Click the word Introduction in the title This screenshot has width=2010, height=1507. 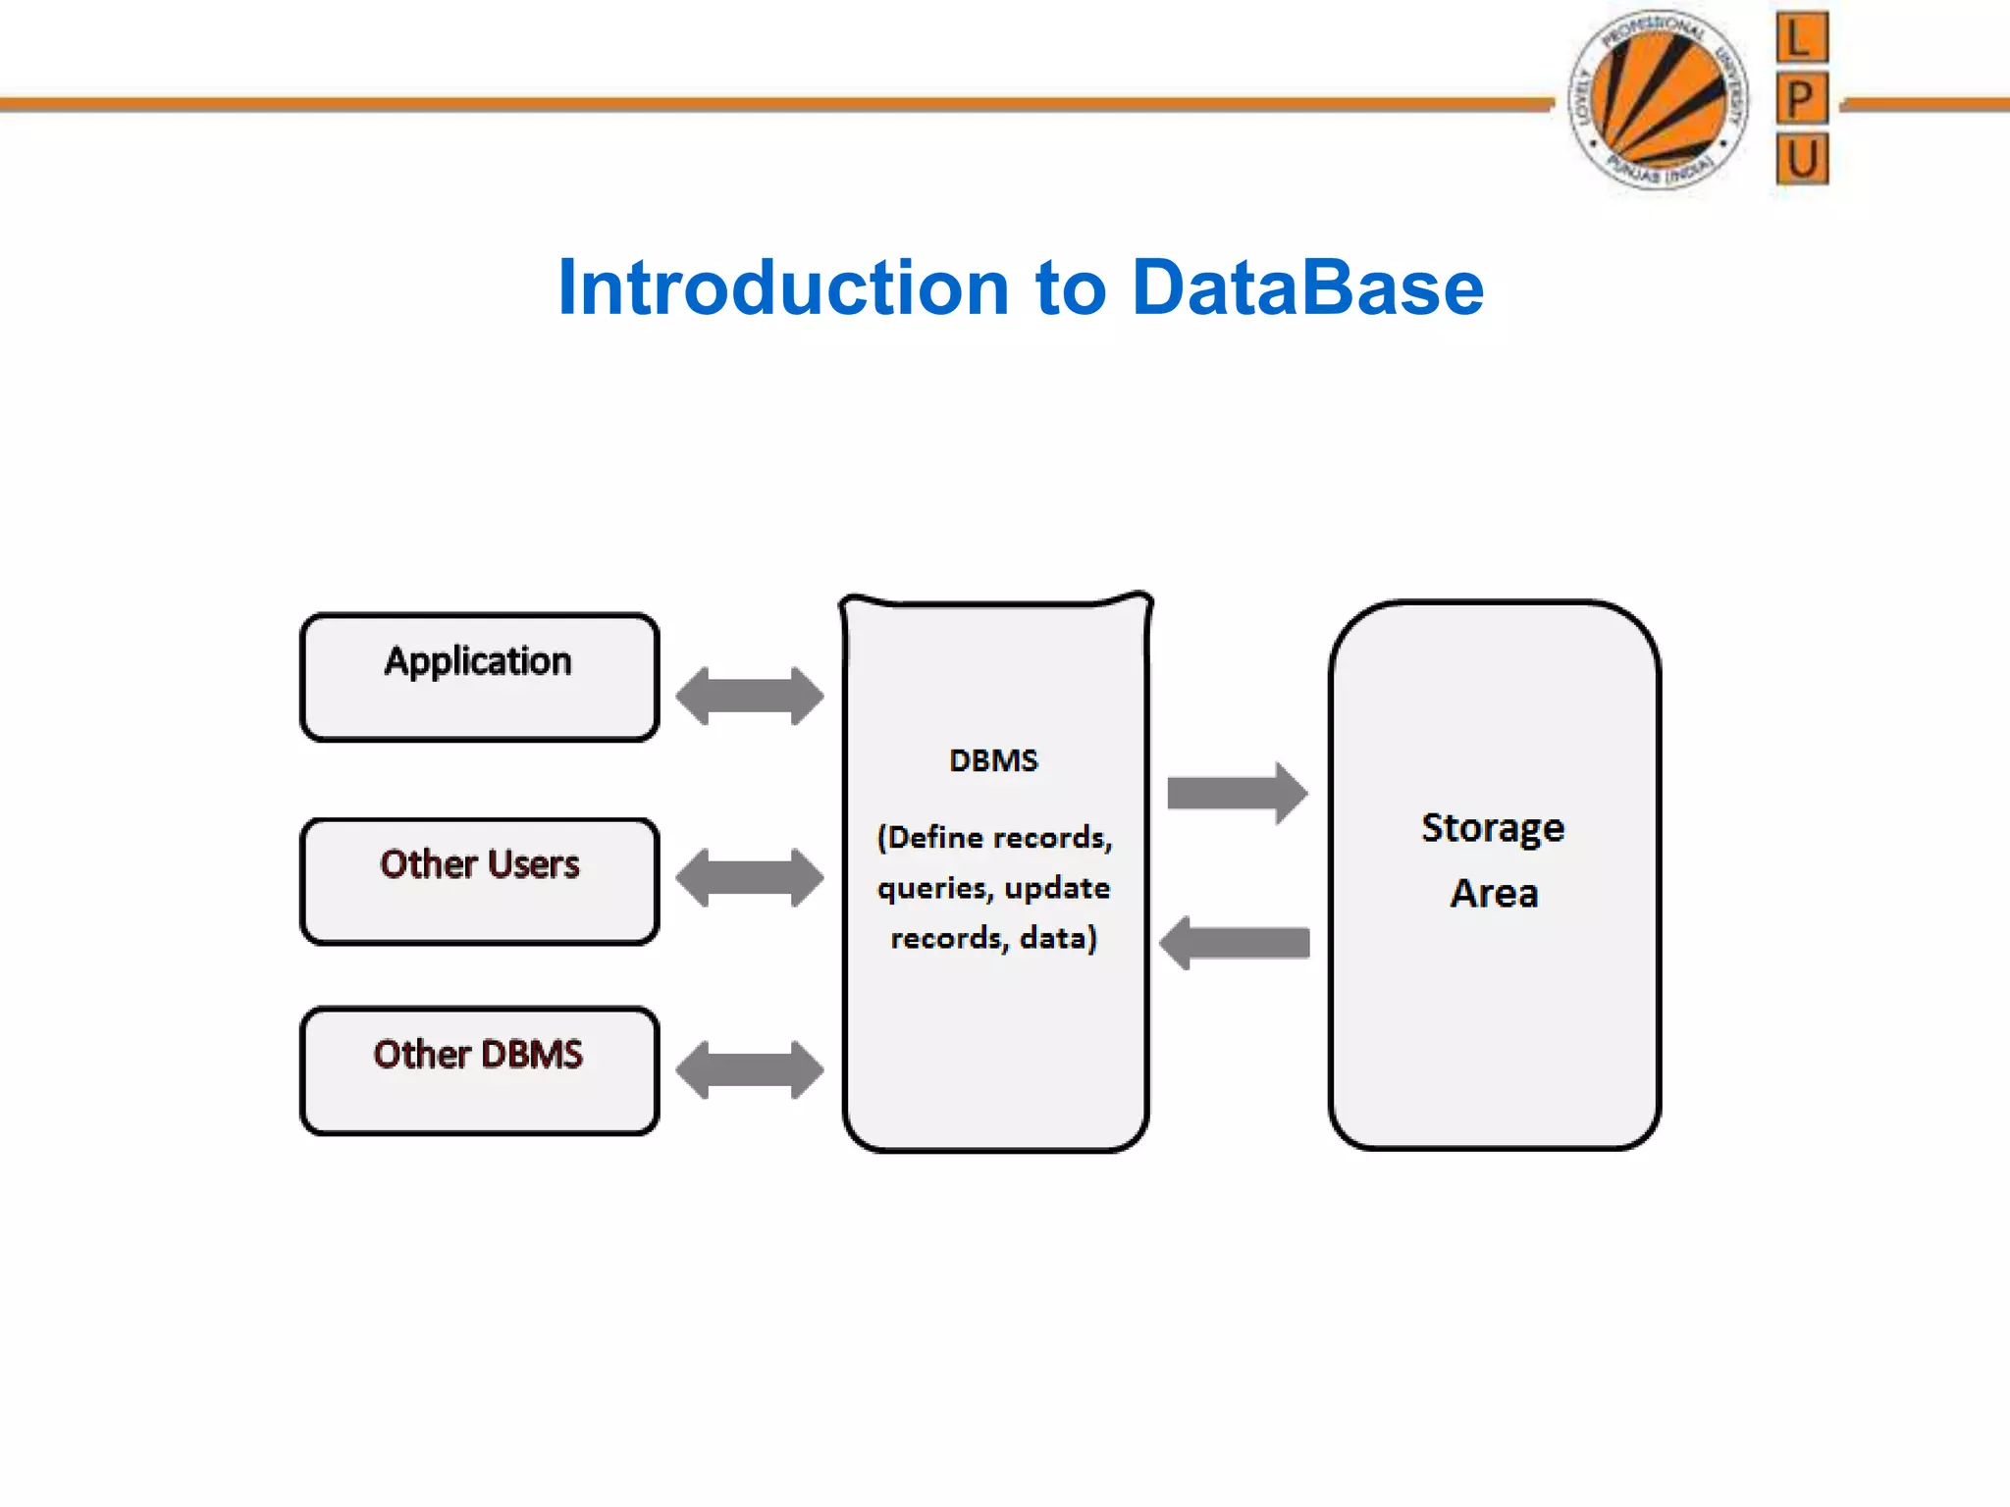783,287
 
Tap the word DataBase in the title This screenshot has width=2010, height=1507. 1307,287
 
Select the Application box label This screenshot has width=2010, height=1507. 478,661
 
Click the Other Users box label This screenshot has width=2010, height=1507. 480,864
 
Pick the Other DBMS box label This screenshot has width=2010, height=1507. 478,1055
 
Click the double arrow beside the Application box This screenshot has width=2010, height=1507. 750,697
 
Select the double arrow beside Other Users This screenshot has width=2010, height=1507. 750,878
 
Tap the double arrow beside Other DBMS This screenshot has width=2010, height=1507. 750,1069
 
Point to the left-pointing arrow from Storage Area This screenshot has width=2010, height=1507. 1235,943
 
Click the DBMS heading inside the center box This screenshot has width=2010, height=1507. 993,760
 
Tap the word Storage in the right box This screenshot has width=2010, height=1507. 1493,828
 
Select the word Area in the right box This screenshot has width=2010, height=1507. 1494,894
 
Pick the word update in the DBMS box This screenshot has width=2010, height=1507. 1057,889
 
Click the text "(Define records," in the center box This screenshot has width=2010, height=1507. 994,838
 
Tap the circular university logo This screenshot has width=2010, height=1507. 1659,99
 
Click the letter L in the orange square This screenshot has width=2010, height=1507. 1801,39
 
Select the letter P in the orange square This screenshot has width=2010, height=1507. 1801,98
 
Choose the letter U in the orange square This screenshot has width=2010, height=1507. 1802,159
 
